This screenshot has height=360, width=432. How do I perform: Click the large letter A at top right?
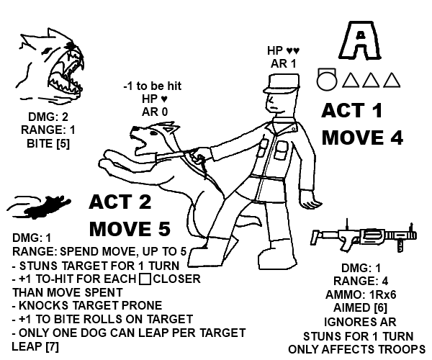pos(358,41)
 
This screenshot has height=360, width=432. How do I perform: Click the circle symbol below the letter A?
pos(327,78)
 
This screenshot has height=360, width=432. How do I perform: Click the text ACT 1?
pos(352,112)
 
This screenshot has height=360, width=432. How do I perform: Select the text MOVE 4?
pos(362,137)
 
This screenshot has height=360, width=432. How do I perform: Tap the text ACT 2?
pos(121,202)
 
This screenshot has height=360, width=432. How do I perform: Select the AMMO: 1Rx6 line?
pos(366,294)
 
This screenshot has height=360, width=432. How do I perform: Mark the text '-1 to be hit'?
pos(152,86)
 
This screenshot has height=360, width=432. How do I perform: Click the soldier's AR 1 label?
pos(283,63)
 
